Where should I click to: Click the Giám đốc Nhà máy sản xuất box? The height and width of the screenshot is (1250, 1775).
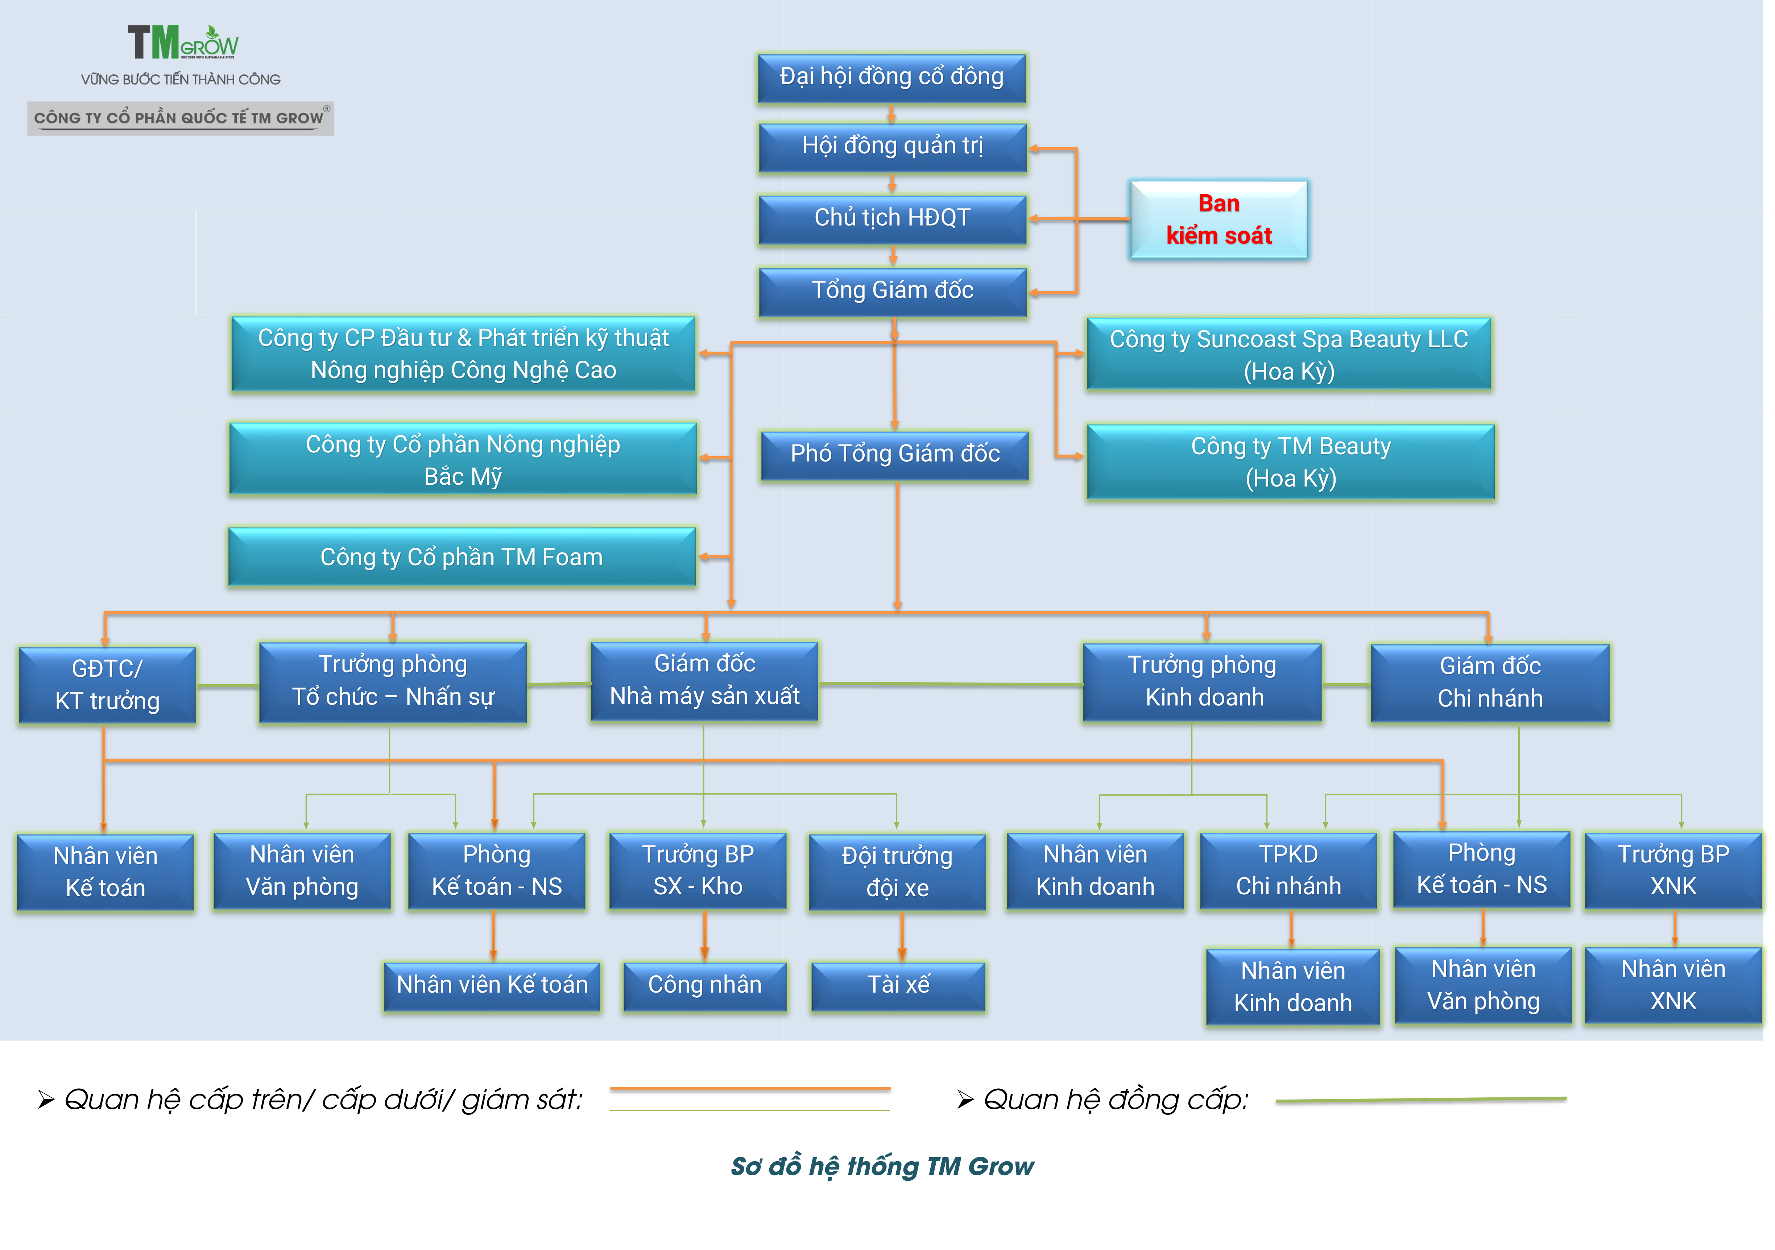point(704,680)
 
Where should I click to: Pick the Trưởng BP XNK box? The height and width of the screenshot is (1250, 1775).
point(1673,870)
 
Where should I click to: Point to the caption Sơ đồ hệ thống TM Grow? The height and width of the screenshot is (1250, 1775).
point(882,1166)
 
